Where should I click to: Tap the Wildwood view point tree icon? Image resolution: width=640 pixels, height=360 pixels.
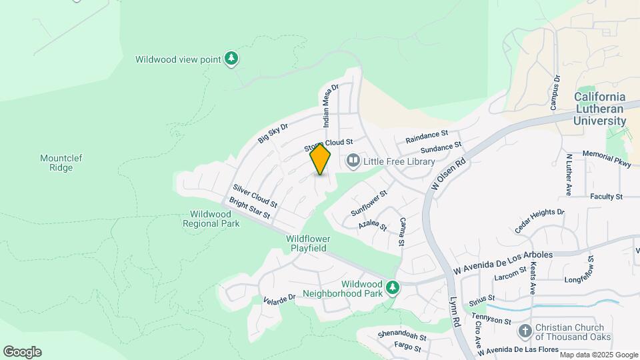(231, 59)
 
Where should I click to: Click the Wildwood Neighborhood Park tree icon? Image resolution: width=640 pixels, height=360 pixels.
(393, 287)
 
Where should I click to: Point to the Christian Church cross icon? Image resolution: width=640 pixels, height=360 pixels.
(525, 331)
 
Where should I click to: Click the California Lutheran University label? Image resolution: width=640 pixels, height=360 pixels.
(600, 109)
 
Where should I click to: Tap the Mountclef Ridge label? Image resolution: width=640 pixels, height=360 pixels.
(56, 163)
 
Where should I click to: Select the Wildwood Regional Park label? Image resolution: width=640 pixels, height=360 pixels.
(211, 219)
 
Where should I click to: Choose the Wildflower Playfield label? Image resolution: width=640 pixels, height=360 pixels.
(307, 243)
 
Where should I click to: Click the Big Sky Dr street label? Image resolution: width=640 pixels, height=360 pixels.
(273, 133)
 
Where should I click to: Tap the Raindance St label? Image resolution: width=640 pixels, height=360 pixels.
(427, 137)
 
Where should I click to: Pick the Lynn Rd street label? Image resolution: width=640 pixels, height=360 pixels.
(455, 311)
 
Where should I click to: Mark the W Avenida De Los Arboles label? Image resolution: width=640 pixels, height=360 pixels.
(503, 263)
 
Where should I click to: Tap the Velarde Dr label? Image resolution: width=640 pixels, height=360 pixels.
(279, 299)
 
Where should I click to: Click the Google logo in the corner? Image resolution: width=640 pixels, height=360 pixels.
(22, 352)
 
